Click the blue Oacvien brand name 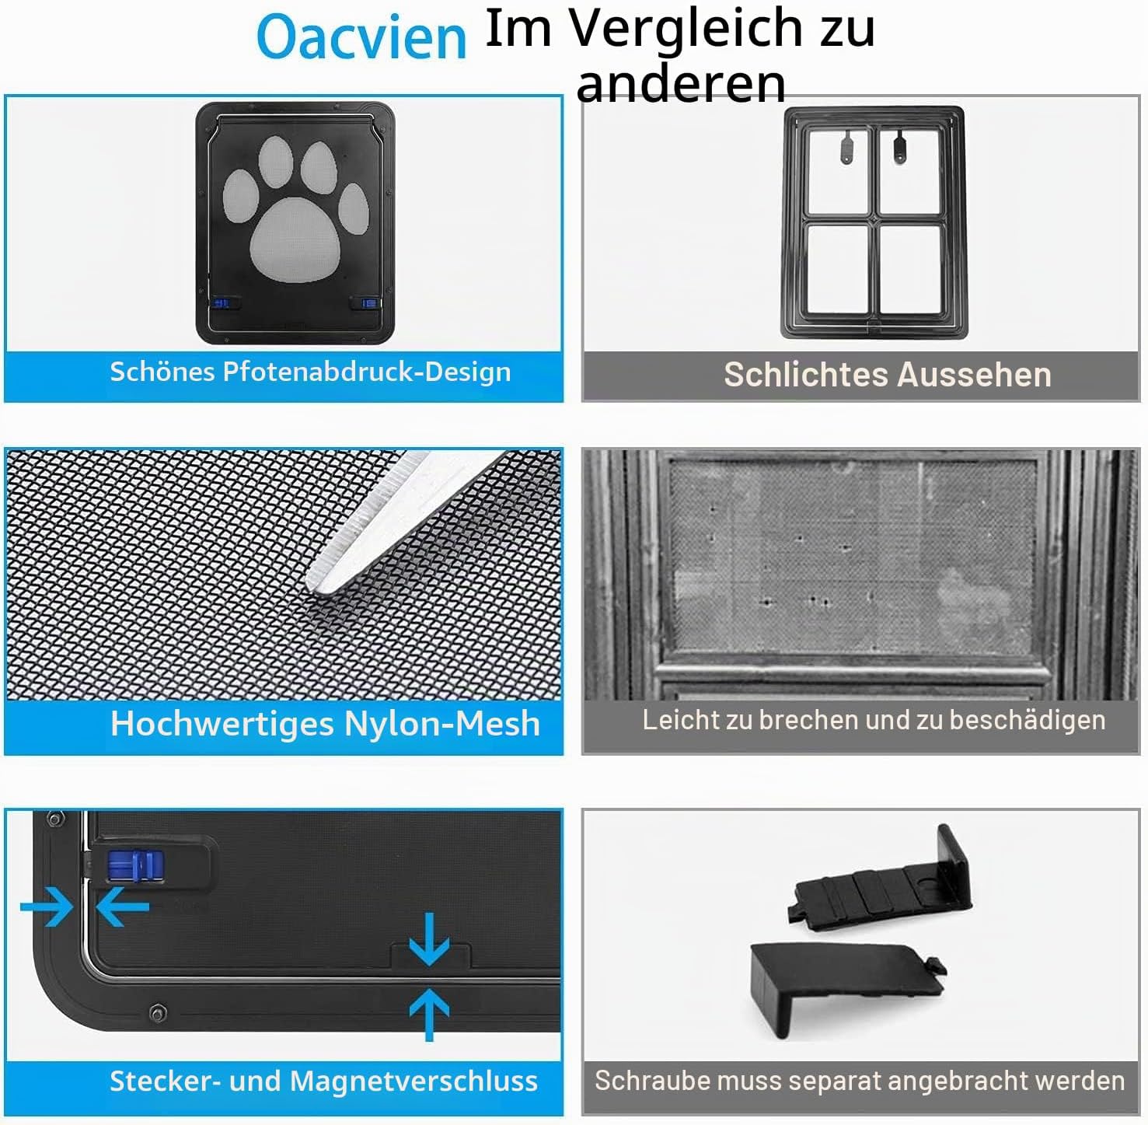click(x=361, y=37)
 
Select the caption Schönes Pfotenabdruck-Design click(x=310, y=372)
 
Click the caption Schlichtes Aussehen click(x=888, y=375)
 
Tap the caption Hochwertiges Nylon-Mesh click(x=325, y=724)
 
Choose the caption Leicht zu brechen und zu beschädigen click(x=874, y=720)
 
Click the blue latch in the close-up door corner click(x=136, y=865)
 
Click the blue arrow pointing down click(x=429, y=939)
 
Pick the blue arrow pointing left click(x=122, y=907)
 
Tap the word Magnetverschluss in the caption click(x=413, y=1081)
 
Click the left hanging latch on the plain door click(x=847, y=145)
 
